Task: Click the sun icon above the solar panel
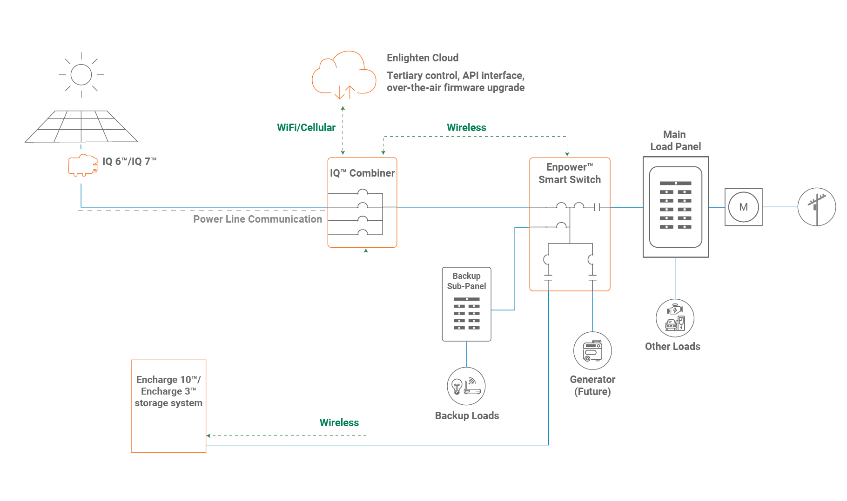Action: point(81,75)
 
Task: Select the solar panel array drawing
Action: point(81,126)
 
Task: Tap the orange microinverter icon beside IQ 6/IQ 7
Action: point(83,165)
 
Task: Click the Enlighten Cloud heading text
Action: point(423,58)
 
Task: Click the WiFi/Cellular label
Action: point(306,128)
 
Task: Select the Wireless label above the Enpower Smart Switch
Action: point(466,128)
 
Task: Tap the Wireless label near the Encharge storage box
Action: point(339,423)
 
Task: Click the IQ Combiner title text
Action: point(362,173)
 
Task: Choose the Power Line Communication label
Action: point(257,219)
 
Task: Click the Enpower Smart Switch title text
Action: point(570,173)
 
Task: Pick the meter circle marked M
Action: point(743,207)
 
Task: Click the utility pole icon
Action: point(817,207)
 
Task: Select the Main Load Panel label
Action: point(675,140)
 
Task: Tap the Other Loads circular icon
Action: point(675,318)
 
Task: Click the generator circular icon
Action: point(592,351)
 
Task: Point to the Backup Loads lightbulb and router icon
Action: point(466,386)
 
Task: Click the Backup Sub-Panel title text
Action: point(466,281)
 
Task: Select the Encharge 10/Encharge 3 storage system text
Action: point(168,391)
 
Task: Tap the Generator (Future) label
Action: point(592,386)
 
